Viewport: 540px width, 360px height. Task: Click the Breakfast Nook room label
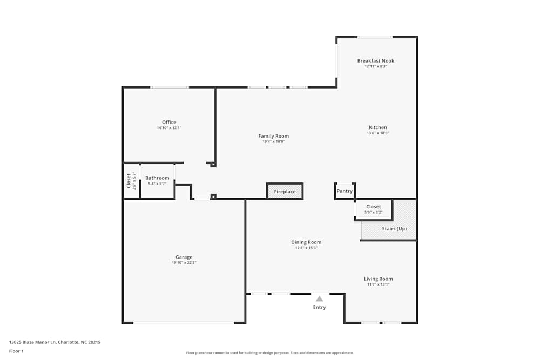tap(376, 61)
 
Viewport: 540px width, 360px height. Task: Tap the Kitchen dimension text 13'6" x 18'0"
tap(377, 133)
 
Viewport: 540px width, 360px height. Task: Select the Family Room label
tap(273, 136)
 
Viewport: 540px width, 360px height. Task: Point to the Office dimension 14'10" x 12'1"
tap(169, 128)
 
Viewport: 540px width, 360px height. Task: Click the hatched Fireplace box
tap(285, 191)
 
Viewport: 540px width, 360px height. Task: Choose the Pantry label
tap(345, 191)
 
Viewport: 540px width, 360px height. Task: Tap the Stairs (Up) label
tap(394, 229)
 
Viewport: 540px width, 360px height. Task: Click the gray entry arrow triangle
tap(320, 298)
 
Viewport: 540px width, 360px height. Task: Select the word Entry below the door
tap(320, 308)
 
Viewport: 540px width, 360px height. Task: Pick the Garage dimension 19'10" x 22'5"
tap(184, 263)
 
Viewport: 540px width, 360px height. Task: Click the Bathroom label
tap(157, 178)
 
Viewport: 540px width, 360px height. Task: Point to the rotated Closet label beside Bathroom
tap(129, 181)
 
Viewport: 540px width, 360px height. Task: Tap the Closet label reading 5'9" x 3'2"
tap(373, 207)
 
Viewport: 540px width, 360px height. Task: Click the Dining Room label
tap(306, 242)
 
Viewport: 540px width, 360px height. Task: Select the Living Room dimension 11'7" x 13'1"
tap(378, 284)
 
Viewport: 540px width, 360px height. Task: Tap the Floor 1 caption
tap(16, 351)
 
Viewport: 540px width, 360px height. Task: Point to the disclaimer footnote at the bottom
tap(269, 353)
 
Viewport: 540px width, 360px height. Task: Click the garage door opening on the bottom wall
tap(184, 323)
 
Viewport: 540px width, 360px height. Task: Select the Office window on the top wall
tap(170, 87)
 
